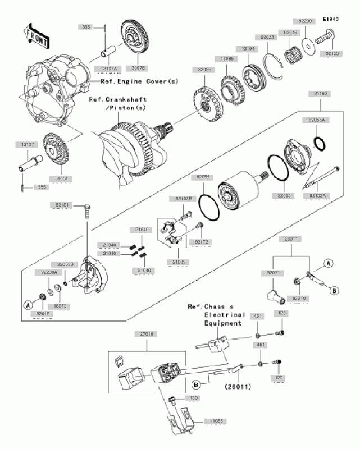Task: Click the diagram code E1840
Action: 332,19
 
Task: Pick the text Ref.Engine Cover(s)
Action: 139,82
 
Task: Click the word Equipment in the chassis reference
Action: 223,323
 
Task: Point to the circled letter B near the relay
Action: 196,385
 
